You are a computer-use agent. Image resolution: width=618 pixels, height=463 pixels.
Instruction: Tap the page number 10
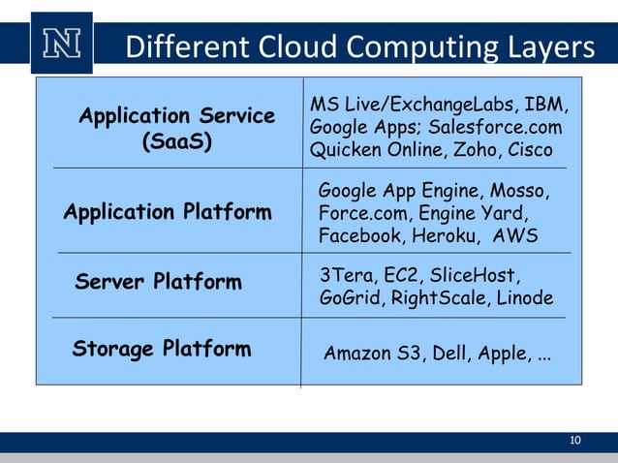tap(575, 442)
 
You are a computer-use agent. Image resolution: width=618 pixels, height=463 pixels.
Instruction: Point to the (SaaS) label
tap(177, 142)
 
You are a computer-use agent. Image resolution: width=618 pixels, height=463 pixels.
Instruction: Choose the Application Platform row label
tap(168, 212)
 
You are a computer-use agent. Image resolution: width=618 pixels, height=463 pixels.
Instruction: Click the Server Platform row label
tap(158, 283)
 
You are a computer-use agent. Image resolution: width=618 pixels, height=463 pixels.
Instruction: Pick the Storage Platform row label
tap(162, 349)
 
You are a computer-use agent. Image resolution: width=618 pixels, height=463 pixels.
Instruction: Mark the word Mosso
tap(521, 189)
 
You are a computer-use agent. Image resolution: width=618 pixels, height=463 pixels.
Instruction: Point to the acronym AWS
tap(515, 235)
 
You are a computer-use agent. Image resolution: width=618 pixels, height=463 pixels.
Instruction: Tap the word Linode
tap(524, 298)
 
